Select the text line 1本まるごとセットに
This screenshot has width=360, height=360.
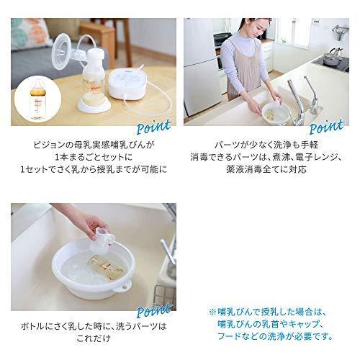[x=93, y=157]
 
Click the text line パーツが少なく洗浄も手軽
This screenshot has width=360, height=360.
[x=266, y=144]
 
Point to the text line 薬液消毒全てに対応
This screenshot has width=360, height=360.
[x=266, y=170]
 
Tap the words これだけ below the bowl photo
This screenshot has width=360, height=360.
[x=93, y=343]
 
